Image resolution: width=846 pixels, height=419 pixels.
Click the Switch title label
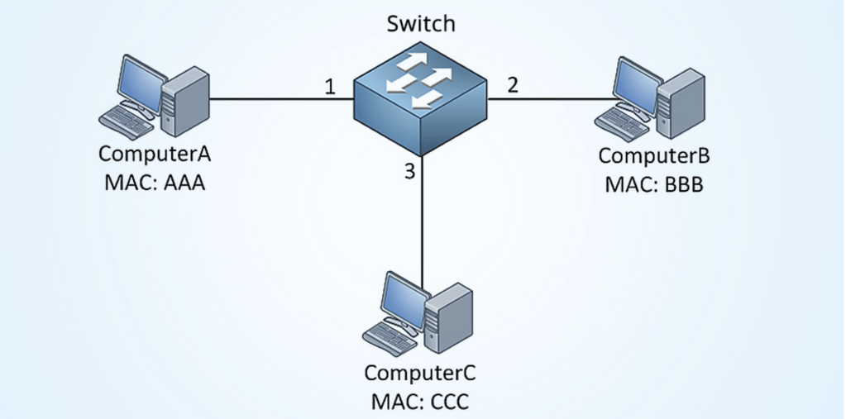[x=421, y=23]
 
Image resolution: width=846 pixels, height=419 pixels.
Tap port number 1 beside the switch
[x=330, y=86]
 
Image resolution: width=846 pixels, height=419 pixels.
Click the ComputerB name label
[x=653, y=156]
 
